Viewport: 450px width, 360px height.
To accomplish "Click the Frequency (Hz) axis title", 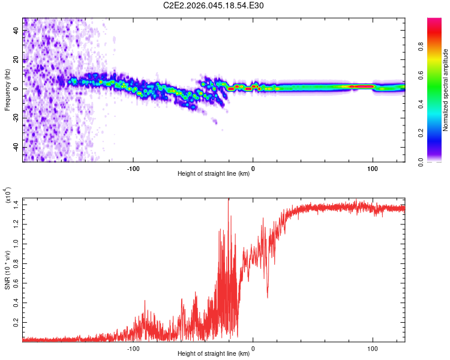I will coord(7,90).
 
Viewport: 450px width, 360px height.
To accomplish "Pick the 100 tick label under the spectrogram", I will coord(373,168).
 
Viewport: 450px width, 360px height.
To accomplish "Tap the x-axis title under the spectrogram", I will coord(214,174).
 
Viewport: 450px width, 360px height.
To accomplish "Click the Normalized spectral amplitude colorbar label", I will coord(446,90).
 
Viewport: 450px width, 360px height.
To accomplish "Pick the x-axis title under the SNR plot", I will coord(214,354).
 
